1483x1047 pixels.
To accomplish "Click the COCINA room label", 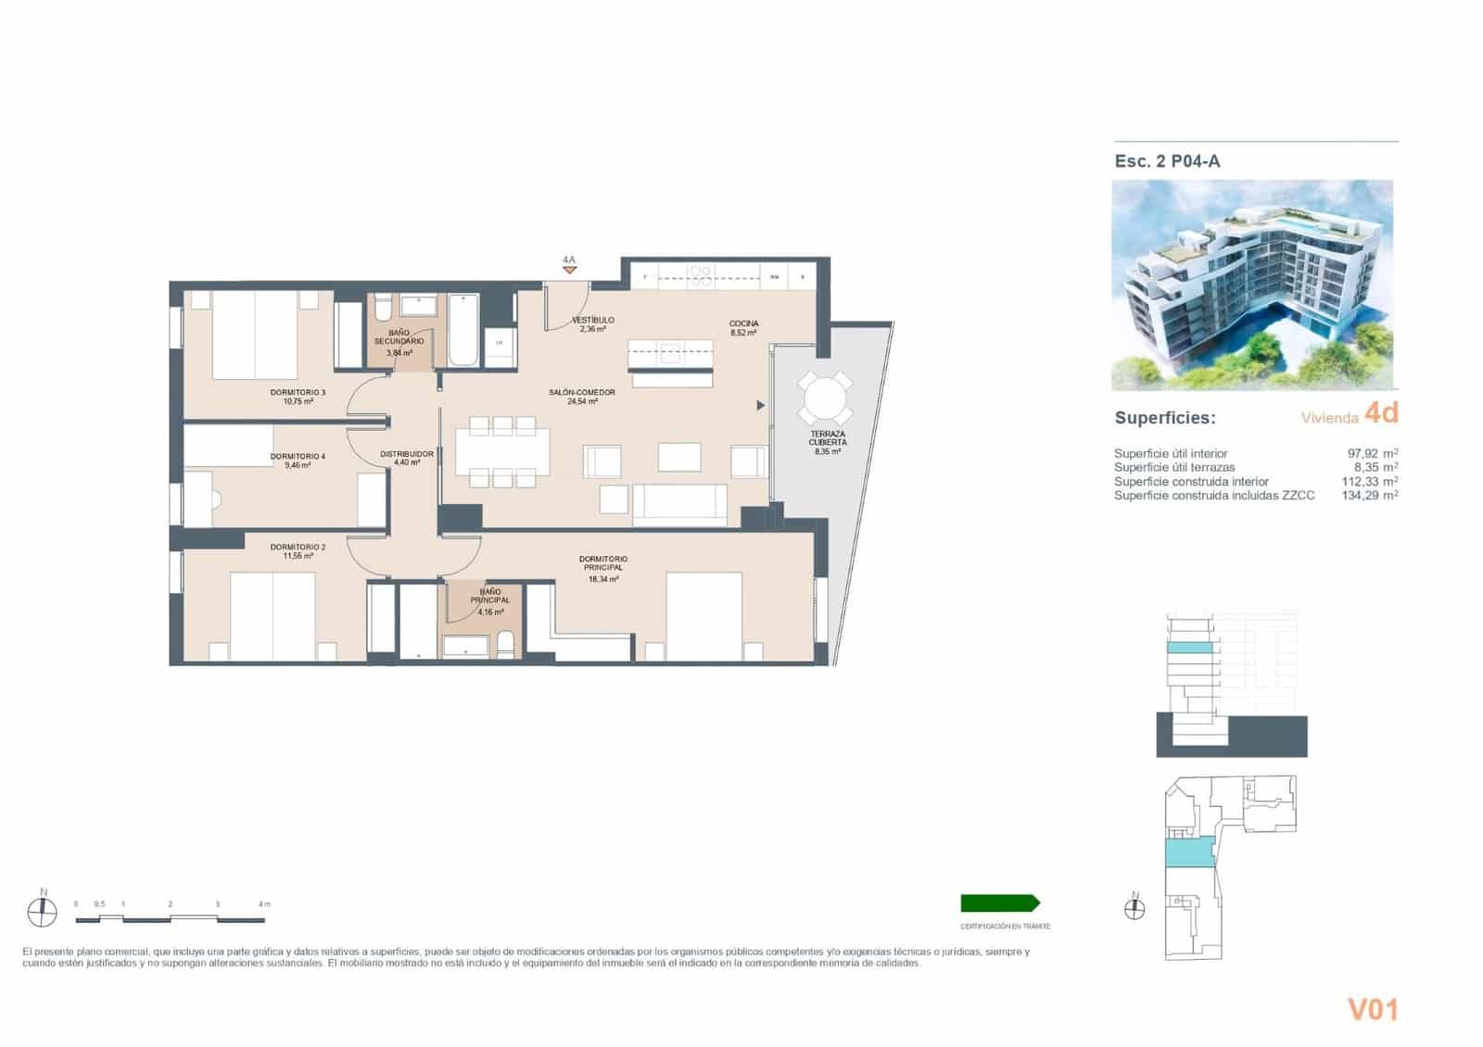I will [743, 323].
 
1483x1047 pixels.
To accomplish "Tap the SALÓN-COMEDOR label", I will [582, 393].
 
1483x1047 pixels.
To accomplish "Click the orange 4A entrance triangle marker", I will [569, 270].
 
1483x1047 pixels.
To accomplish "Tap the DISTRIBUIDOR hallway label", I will [407, 454].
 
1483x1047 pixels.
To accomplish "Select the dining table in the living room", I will [502, 451].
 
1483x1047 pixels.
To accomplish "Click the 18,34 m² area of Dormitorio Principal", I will [603, 579].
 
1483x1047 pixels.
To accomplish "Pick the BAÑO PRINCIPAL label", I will [489, 596].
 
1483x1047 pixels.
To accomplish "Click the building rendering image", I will [1252, 284].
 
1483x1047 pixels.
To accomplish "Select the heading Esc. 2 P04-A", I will [1167, 161].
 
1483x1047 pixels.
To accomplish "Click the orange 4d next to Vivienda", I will [1381, 413].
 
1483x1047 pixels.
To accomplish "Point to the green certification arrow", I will [1000, 903].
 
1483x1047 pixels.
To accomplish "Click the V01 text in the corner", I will [1373, 1009].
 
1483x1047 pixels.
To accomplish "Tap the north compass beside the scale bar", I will [42, 913].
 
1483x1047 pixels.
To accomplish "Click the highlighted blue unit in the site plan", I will [1188, 850].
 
